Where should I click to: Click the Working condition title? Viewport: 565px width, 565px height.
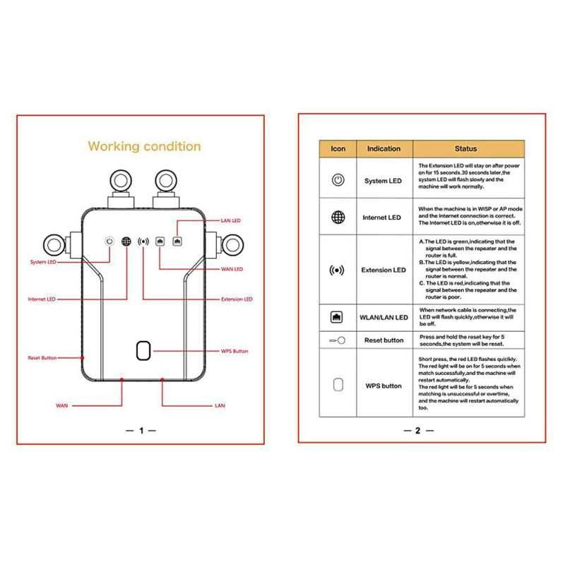144,146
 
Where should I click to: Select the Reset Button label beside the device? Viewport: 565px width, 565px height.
42,358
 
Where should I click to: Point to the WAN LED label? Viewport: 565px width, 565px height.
233,269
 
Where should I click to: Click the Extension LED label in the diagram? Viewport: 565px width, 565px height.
237,299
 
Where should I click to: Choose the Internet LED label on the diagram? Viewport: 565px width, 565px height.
42,299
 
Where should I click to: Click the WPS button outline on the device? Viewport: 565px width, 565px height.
143,351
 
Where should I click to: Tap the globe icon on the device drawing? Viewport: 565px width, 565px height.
126,241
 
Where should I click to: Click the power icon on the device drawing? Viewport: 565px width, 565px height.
109,241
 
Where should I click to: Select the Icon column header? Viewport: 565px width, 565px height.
338,149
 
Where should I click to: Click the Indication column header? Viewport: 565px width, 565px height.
383,149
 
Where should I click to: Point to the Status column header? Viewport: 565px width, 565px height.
466,149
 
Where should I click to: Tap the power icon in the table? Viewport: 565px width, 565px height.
338,180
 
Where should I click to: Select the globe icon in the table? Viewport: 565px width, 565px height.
338,217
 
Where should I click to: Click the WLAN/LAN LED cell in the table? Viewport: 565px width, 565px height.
385,318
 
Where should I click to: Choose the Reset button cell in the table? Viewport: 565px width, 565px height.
383,340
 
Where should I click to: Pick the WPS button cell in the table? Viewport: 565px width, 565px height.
383,386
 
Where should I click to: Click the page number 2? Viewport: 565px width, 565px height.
417,430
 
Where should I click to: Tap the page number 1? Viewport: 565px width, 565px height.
141,430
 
